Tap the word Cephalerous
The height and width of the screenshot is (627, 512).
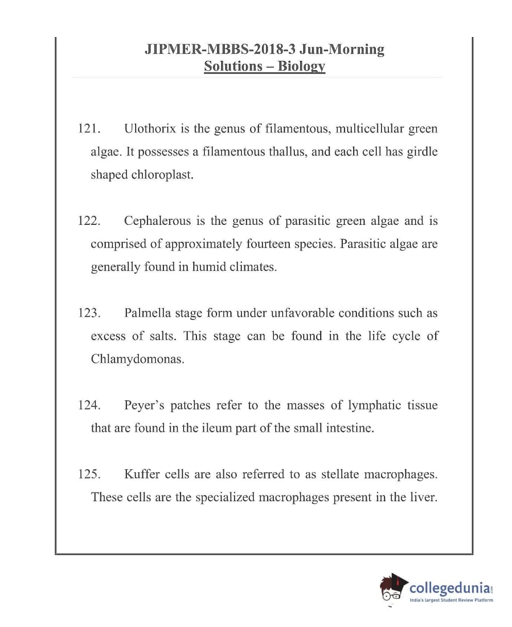click(157, 221)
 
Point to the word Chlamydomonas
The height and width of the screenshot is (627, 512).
click(137, 359)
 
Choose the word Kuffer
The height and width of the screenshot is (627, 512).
click(142, 474)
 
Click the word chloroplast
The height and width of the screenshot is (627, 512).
click(161, 175)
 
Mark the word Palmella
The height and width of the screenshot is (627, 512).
click(147, 313)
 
